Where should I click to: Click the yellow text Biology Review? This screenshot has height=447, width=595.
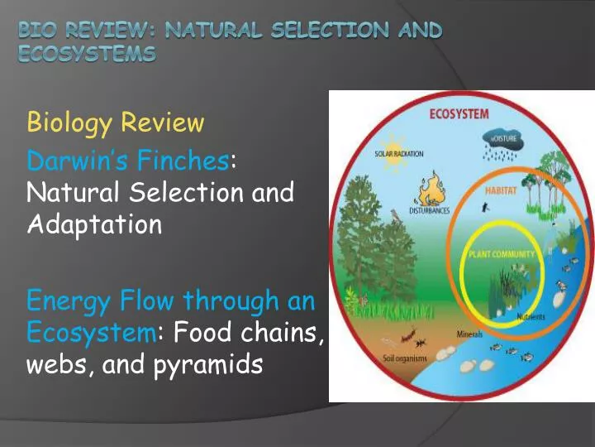tap(115, 123)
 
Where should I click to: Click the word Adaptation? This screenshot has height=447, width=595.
tap(94, 224)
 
